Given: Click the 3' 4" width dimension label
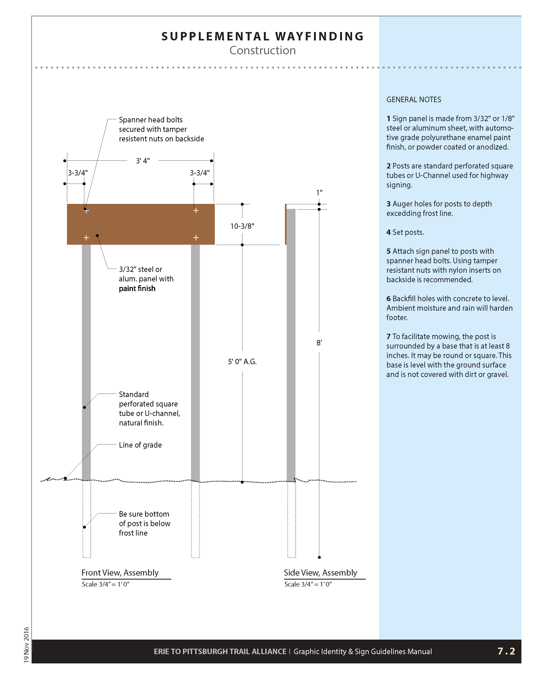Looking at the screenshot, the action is click(143, 161).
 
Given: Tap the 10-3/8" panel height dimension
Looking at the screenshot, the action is click(242, 226).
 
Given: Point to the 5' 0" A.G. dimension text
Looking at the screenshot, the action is click(242, 361).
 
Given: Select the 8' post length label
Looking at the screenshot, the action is click(319, 343).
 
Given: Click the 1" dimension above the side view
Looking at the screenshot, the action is click(319, 192).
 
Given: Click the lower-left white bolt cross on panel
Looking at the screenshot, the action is click(86, 238).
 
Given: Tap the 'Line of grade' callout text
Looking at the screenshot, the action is click(140, 445).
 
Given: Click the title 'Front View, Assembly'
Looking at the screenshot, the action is click(120, 572).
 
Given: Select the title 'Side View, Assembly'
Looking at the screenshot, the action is click(320, 572).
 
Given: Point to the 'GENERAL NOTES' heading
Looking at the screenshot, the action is click(414, 100).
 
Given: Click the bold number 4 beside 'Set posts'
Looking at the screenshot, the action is click(389, 232).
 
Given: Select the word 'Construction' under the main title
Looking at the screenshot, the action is click(262, 50).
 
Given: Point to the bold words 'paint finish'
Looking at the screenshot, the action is click(137, 288).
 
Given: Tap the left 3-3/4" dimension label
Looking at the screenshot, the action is click(78, 173).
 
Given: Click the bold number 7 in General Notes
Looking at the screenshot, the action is click(389, 336).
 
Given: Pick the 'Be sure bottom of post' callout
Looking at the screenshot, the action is click(144, 524).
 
